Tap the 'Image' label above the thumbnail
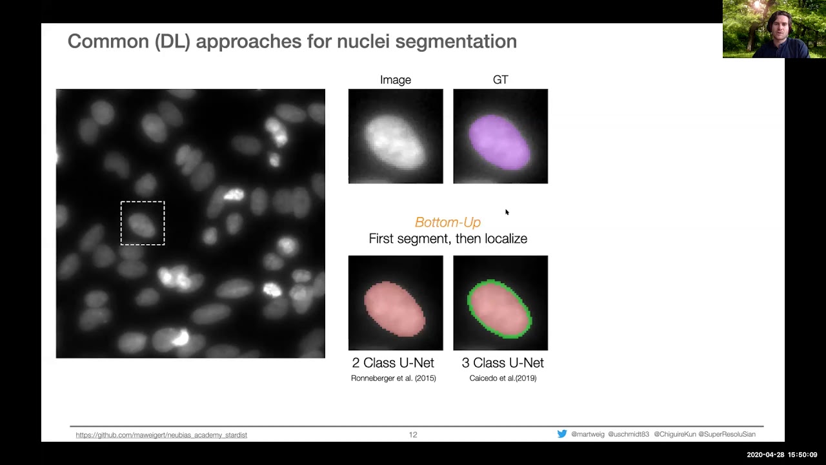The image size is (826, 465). [396, 80]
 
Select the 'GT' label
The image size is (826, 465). [500, 80]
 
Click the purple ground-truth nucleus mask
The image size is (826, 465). [499, 141]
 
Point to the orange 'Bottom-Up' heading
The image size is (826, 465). [447, 222]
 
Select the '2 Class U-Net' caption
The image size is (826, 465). [393, 363]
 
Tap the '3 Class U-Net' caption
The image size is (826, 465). [503, 363]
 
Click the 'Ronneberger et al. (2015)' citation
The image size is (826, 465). [393, 378]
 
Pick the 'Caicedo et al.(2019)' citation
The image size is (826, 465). [503, 378]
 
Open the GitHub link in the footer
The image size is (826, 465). [161, 435]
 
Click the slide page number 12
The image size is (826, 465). [413, 435]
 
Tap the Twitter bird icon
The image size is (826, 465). [562, 434]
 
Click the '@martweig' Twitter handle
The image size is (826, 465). [587, 435]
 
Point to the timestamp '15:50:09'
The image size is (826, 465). [802, 455]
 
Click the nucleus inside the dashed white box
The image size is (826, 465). [142, 225]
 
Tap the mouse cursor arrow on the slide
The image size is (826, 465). [507, 212]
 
